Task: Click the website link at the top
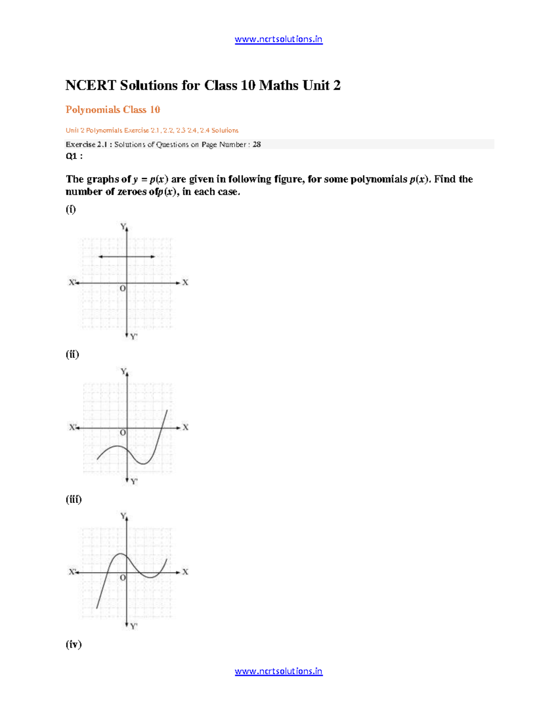278,40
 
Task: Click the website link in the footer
278,671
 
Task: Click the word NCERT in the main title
91,86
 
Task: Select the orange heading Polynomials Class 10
113,110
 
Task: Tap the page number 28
257,145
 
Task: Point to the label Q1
73,156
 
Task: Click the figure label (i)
71,209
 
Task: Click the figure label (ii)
72,354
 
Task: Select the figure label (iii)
73,499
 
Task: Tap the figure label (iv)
73,644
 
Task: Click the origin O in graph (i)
123,289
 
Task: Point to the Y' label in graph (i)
134,336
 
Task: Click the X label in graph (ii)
186,427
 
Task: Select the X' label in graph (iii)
73,572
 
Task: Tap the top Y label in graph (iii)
123,516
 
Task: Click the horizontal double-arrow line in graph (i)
127,257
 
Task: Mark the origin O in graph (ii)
123,433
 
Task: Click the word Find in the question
445,179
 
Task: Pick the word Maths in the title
279,86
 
